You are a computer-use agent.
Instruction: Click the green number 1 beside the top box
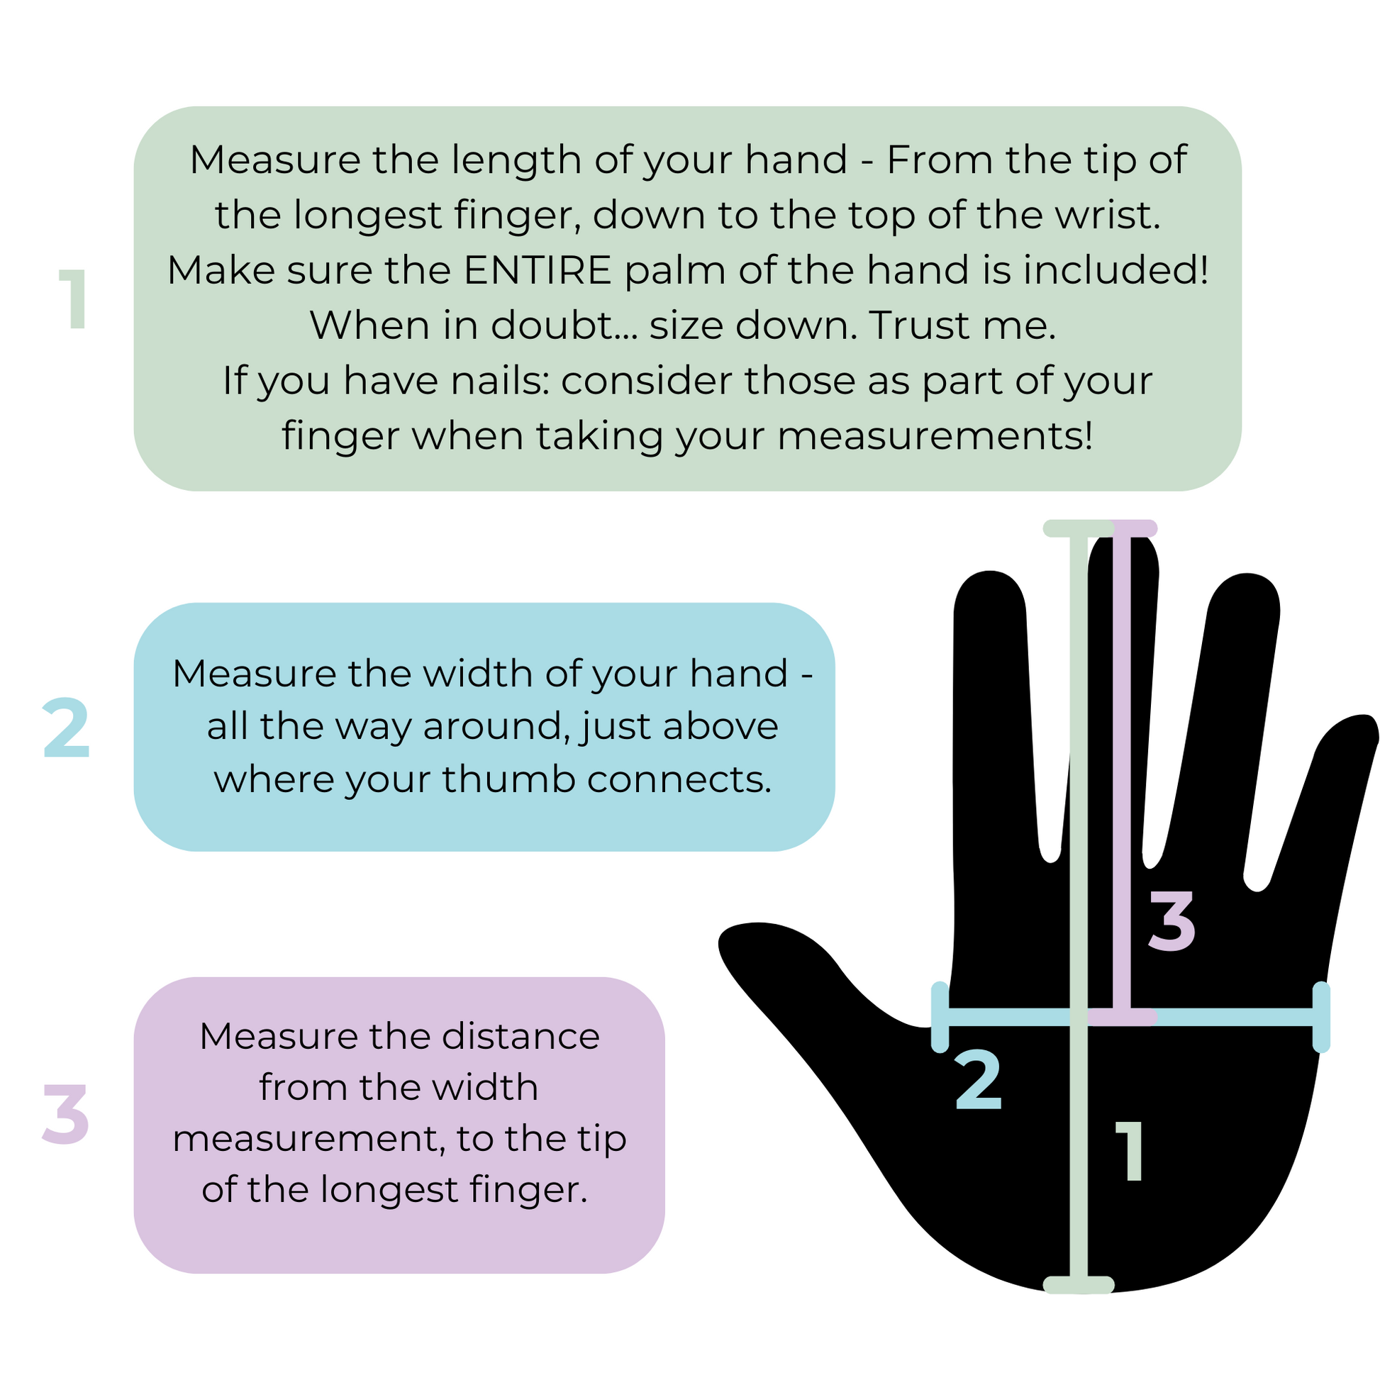click(x=74, y=299)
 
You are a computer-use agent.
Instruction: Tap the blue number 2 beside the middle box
click(x=67, y=728)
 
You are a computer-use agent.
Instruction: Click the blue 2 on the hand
click(x=979, y=1081)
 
